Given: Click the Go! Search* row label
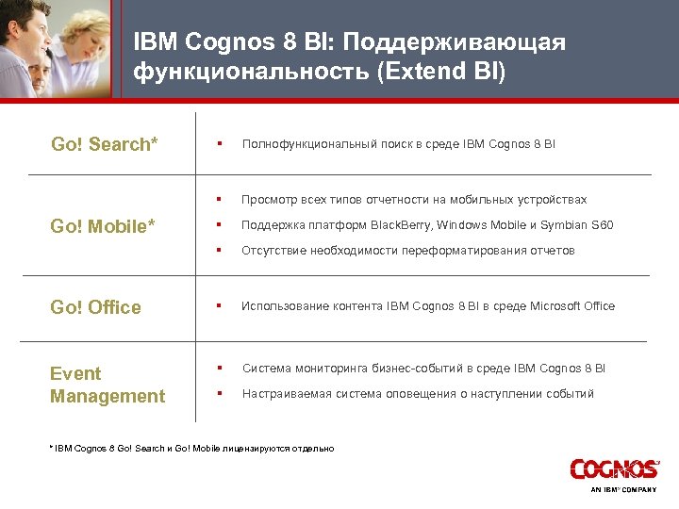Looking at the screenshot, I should pos(104,144).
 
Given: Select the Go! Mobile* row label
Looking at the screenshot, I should pos(105,227).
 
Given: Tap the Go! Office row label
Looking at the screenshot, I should pos(96,307).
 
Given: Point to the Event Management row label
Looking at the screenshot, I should pos(108,385).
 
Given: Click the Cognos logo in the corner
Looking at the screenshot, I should pos(614,468).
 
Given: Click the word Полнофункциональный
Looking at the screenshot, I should pos(309,144).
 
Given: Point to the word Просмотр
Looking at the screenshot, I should pos(269,200).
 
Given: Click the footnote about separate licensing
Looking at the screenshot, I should pos(193,448).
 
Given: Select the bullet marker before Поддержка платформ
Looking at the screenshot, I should pos(218,225).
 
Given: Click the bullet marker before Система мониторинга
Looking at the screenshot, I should pos(218,368).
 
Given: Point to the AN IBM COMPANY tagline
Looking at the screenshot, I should pos(624,491).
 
